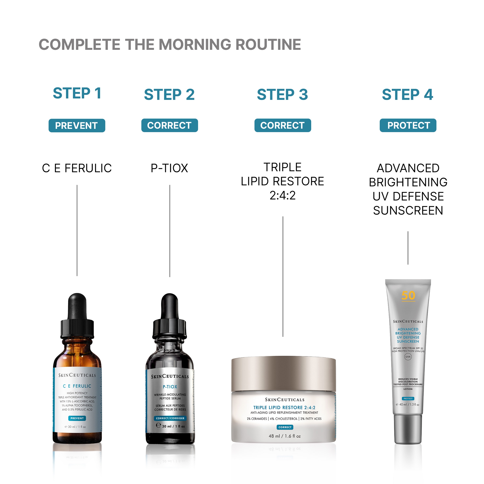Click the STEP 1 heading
77,93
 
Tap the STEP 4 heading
407,94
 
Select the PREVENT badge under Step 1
77,126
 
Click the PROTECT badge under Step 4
408,125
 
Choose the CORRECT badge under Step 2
169,125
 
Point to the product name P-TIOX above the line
169,168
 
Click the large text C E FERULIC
77,168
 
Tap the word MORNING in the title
195,45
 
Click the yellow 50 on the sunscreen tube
408,296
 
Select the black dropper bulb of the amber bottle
77,307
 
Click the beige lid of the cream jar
283,373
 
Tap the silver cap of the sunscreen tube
408,429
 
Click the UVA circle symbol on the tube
408,356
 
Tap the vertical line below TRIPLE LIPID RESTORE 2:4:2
283,276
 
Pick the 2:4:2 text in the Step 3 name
283,195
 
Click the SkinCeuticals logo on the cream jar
285,400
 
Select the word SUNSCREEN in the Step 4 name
408,211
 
